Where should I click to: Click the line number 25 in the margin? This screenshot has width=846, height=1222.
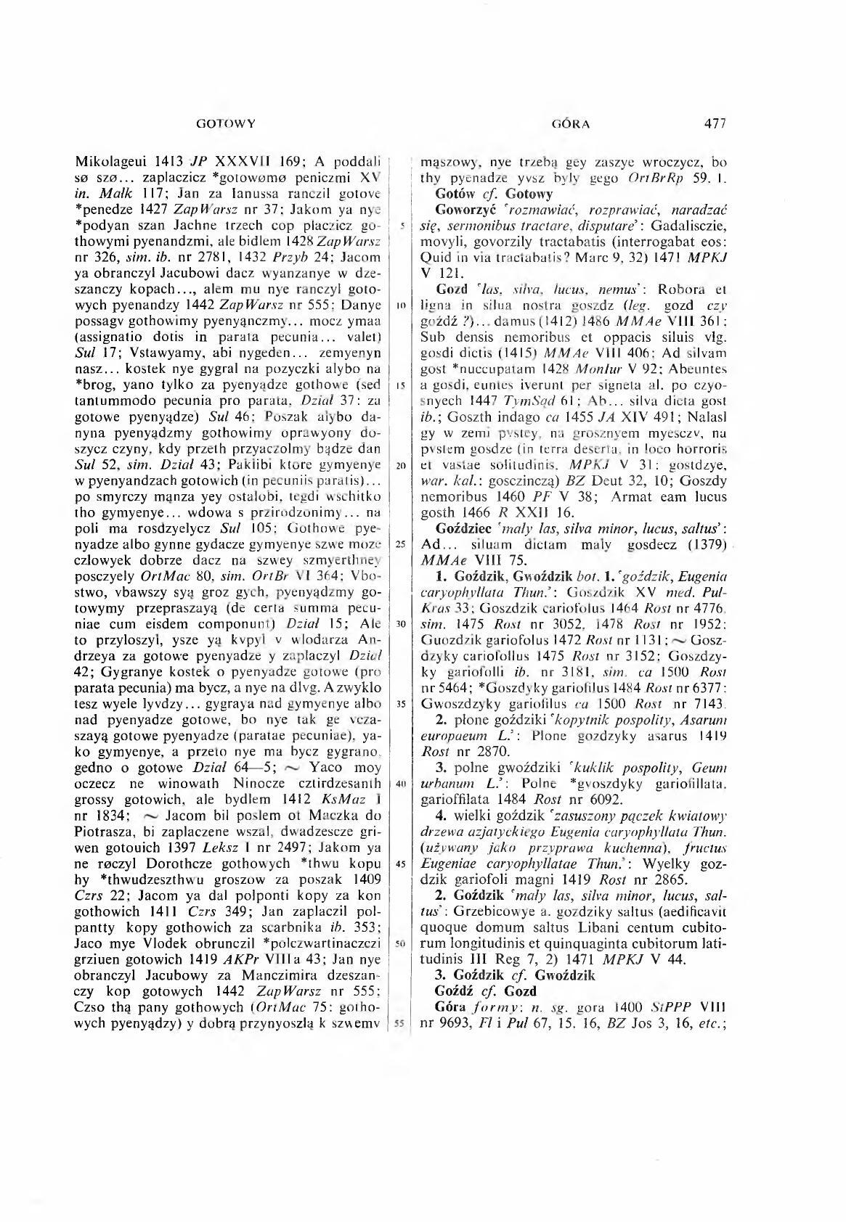click(x=399, y=544)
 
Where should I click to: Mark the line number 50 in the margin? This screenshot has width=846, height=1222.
click(x=399, y=943)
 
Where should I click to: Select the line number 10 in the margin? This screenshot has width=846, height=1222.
click(x=399, y=305)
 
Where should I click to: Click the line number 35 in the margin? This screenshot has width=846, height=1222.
click(x=399, y=704)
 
